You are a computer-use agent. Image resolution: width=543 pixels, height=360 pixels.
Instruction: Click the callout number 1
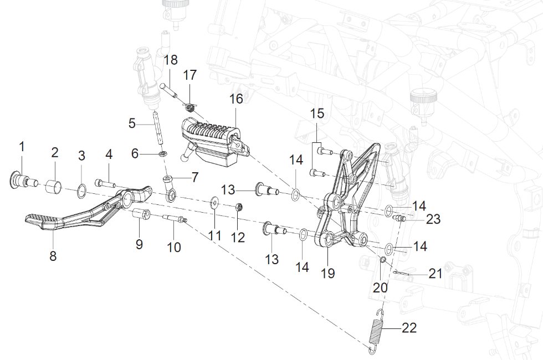[22, 147]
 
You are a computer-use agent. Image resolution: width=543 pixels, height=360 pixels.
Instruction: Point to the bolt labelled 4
[105, 182]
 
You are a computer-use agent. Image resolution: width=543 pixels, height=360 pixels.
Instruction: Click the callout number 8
[53, 256]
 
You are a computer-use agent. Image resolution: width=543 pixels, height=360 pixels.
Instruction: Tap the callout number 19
[328, 274]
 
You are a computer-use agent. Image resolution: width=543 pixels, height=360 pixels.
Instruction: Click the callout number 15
[317, 114]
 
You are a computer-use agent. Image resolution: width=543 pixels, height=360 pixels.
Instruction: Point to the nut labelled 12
[238, 208]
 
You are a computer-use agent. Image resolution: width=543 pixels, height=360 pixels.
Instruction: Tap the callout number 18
[171, 60]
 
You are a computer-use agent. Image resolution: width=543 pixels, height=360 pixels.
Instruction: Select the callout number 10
[174, 247]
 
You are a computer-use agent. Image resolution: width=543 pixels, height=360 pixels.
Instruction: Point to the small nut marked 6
[163, 153]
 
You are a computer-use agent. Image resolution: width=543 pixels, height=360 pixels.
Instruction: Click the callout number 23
[433, 219]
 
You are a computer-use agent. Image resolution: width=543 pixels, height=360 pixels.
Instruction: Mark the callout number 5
[132, 123]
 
